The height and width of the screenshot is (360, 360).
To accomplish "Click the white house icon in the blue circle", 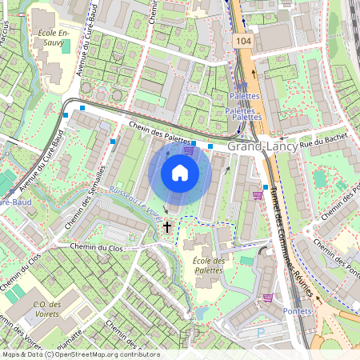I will (180, 173).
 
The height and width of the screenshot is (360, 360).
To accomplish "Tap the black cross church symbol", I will (167, 227).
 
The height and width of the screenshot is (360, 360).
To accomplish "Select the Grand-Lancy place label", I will (262, 147).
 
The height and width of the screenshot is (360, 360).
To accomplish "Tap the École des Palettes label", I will (209, 266).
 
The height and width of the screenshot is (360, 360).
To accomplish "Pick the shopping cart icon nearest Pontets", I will (267, 298).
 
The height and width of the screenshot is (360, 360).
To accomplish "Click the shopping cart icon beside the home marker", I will (189, 149).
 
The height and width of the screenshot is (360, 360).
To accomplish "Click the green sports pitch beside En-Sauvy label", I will (66, 46).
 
